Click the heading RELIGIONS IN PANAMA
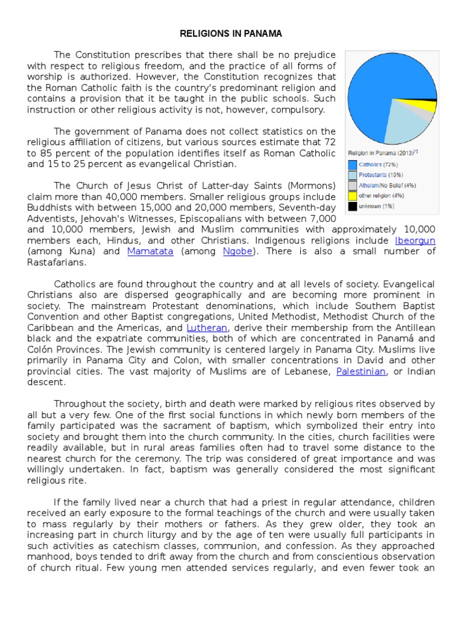231,33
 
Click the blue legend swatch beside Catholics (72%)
352,164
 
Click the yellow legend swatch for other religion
352,196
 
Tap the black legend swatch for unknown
352,207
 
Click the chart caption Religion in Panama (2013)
381,152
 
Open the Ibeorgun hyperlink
415,240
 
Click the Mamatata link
150,251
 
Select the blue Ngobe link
238,251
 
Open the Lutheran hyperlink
207,327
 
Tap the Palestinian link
361,371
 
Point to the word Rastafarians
57,262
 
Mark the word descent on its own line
46,382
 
